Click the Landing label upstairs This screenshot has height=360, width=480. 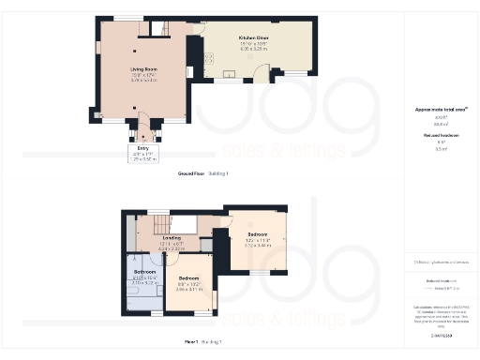pyautogui.click(x=172, y=237)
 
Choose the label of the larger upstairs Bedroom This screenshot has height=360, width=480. pyautogui.click(x=257, y=233)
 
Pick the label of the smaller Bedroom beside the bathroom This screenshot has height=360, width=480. pyautogui.click(x=189, y=278)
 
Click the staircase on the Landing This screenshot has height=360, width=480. pyautogui.click(x=157, y=224)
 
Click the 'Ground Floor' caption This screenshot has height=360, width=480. pyautogui.click(x=190, y=174)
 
